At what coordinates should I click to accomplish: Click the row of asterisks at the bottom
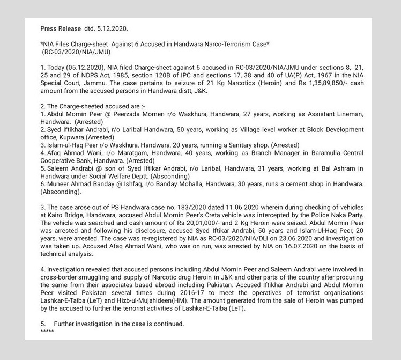click(x=47, y=331)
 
